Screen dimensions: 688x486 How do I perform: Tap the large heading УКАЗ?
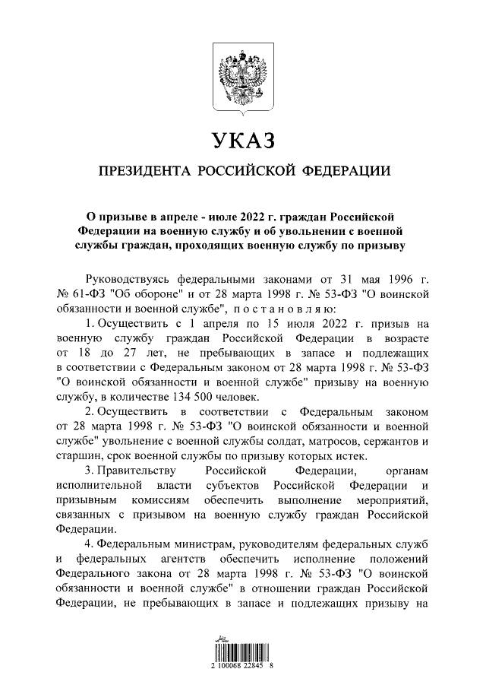click(242, 141)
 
